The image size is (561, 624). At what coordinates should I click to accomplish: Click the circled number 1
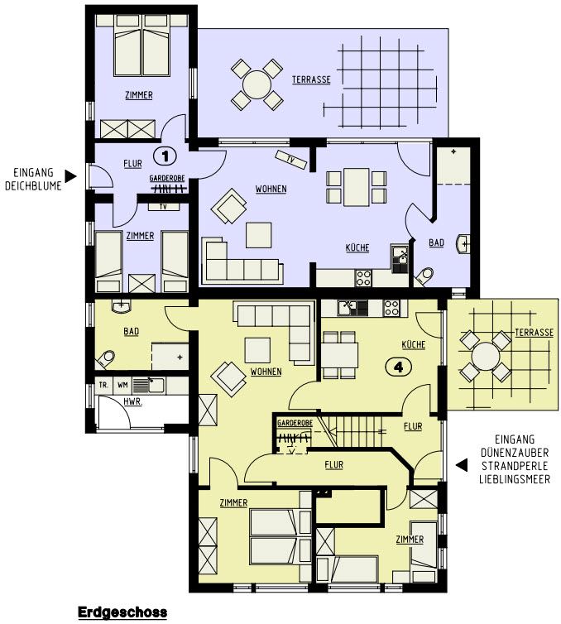(165, 156)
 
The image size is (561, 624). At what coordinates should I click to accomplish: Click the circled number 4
(398, 367)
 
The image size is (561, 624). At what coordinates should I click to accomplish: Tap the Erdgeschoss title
(122, 612)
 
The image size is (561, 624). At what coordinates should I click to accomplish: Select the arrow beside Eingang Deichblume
(70, 176)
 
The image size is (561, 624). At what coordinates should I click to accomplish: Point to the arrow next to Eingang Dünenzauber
(462, 465)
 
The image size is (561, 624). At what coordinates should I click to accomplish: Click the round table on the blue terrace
(257, 84)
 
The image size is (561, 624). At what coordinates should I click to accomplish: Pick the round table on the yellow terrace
(485, 356)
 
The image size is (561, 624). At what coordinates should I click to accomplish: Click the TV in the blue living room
(291, 160)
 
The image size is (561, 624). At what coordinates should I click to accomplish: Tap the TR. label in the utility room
(103, 385)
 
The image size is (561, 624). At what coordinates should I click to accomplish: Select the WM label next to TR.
(122, 385)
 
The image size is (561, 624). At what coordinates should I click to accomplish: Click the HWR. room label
(132, 401)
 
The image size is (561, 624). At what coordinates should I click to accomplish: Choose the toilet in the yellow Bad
(105, 359)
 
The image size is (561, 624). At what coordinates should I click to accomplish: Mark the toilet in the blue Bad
(424, 276)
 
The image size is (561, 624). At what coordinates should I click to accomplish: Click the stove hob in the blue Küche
(363, 278)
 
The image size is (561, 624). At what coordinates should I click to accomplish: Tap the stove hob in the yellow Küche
(391, 308)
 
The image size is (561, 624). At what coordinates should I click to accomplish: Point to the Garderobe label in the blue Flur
(167, 178)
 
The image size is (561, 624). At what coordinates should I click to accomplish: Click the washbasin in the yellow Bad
(122, 305)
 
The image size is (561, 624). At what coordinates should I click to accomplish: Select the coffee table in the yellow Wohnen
(258, 350)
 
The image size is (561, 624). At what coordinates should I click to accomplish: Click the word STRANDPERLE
(515, 466)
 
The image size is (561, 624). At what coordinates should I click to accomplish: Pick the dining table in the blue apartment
(357, 187)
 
